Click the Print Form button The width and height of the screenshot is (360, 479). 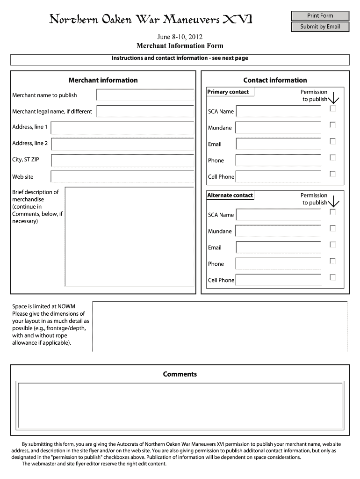(x=320, y=16)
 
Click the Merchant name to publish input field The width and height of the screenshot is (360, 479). (x=145, y=95)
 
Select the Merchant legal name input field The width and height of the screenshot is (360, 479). (x=145, y=111)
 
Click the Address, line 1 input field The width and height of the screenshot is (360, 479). (x=122, y=128)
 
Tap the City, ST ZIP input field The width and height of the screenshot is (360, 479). (x=122, y=160)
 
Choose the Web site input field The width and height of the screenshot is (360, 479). (x=122, y=176)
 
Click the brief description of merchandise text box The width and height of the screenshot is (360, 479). (x=130, y=236)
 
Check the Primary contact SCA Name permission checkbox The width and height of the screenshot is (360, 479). (x=333, y=109)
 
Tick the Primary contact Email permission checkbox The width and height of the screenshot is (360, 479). (x=333, y=141)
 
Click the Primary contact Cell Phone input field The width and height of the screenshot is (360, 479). (x=278, y=177)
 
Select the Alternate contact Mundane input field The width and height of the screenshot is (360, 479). (x=278, y=231)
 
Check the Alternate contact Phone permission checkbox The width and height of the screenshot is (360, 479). (x=333, y=261)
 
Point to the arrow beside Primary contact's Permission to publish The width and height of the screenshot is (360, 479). (x=334, y=98)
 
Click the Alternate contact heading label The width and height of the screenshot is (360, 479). (x=230, y=196)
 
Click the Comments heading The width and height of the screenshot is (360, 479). (x=180, y=374)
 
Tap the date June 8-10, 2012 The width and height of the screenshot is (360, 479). (x=180, y=36)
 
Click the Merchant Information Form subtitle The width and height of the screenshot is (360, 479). (x=180, y=45)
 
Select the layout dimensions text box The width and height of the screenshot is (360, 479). (x=220, y=326)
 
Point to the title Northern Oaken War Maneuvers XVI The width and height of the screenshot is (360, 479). (x=151, y=20)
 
